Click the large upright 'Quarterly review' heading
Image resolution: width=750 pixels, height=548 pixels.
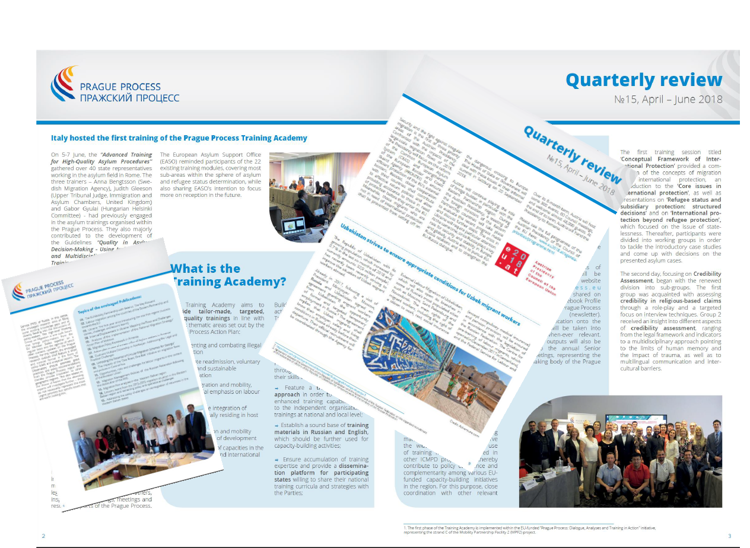pos(644,80)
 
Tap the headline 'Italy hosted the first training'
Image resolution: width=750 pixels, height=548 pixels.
pos(179,138)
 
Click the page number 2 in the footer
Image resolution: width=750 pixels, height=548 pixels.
pos(43,536)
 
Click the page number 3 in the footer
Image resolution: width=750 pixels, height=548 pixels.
pos(729,536)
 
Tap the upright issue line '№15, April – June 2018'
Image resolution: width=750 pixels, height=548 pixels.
pos(668,99)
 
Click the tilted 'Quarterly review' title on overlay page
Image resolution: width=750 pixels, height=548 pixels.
pos(568,152)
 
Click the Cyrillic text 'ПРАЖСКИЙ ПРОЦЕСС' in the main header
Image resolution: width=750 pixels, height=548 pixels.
pos(129,98)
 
